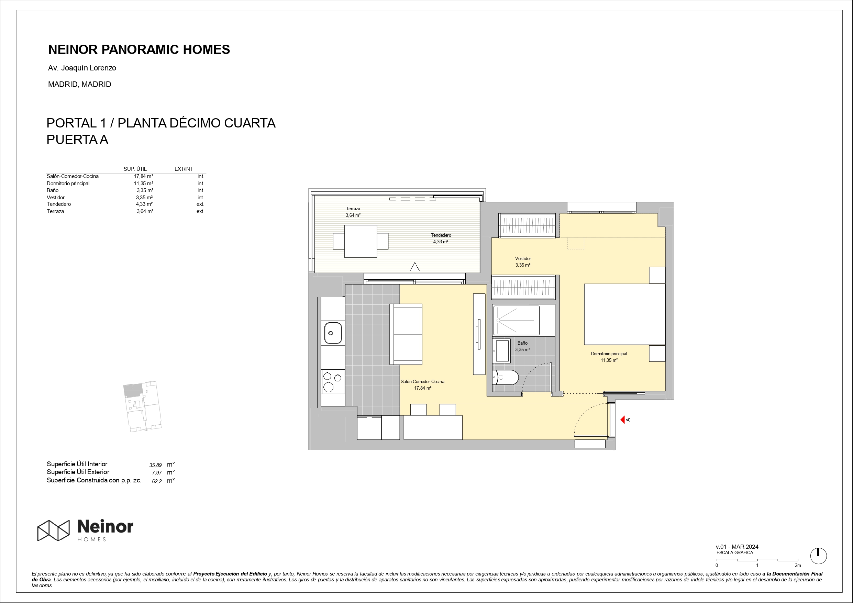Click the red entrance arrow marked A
click(623, 420)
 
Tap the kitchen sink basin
click(333, 333)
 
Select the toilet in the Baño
click(505, 378)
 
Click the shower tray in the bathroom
click(517, 320)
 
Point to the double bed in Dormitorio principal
click(624, 314)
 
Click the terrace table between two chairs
click(361, 241)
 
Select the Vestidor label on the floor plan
click(523, 258)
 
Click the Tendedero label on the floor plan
click(441, 235)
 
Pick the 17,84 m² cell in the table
click(143, 176)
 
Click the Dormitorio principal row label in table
click(68, 183)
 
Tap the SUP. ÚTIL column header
click(135, 169)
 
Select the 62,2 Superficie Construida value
click(157, 481)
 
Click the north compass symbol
click(818, 556)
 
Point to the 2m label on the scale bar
click(798, 566)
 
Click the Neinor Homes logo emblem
click(53, 530)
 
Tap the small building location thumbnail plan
click(143, 406)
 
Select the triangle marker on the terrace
click(414, 267)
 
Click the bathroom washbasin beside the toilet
click(502, 351)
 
